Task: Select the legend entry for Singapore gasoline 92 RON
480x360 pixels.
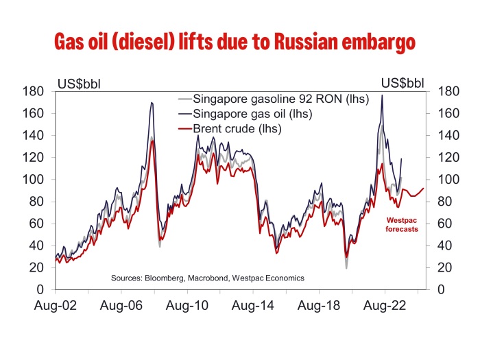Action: tap(281, 98)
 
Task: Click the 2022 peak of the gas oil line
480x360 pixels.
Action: tap(381, 95)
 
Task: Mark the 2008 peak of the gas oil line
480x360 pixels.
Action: tap(151, 103)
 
